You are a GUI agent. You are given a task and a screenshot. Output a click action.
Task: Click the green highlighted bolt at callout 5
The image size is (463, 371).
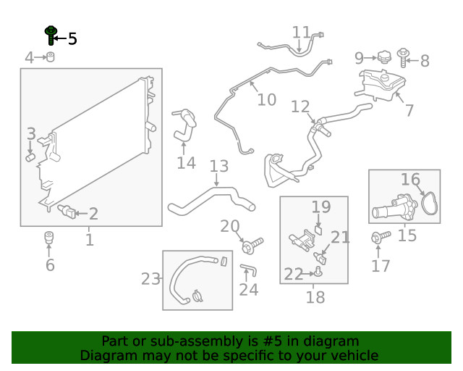tap(51, 35)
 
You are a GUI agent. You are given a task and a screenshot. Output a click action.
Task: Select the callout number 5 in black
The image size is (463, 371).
tap(72, 38)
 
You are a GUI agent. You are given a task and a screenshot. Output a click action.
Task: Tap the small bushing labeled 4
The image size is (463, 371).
tap(51, 57)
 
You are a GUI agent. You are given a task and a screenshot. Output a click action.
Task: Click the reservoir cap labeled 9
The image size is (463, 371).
tap(384, 57)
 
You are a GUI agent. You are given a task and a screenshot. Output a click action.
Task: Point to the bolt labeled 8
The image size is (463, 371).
tap(403, 57)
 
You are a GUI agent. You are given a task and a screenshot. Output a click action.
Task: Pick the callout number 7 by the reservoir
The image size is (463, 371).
tap(409, 110)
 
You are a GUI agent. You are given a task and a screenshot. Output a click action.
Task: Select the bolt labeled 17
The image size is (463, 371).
tap(381, 237)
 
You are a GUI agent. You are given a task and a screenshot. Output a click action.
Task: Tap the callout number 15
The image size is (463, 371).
tap(407, 235)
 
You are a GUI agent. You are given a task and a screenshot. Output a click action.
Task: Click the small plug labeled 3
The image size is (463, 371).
tap(30, 157)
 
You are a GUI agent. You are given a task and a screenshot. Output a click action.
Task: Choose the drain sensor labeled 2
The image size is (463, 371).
tap(67, 212)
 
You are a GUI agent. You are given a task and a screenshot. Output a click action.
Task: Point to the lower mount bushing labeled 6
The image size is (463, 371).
tap(49, 238)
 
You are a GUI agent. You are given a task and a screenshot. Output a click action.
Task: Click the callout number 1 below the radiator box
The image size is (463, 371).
tap(90, 240)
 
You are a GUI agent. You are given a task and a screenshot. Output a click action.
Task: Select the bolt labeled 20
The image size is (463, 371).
tap(252, 245)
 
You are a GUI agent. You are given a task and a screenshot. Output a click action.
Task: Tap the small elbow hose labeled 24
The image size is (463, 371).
tap(248, 270)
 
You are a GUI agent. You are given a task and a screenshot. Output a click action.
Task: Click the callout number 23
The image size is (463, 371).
tap(150, 279)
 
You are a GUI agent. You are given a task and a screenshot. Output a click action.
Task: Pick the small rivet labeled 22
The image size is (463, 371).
tap(318, 272)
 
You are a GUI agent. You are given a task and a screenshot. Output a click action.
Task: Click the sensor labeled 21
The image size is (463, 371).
tap(320, 258)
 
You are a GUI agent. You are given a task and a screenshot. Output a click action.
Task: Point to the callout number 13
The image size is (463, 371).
tap(219, 166)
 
